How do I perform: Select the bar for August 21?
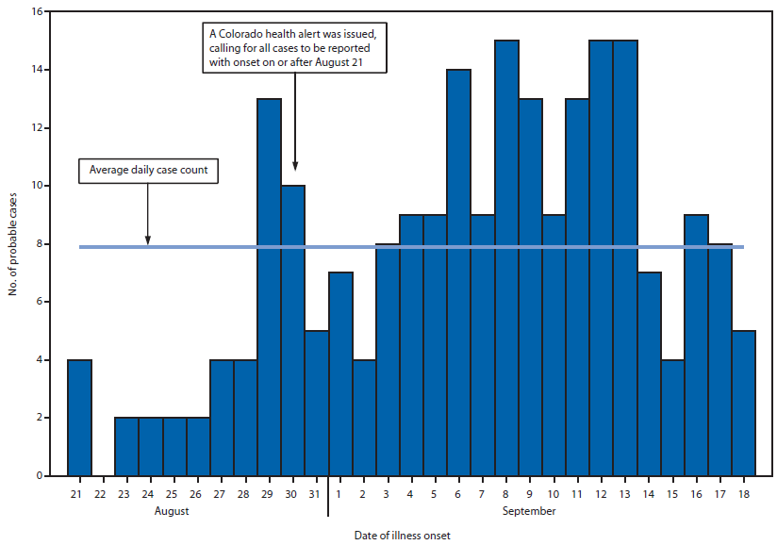tap(79, 417)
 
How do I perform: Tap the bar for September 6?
tap(459, 272)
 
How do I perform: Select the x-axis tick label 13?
tap(625, 493)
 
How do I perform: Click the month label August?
tap(172, 511)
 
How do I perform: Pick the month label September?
tap(529, 511)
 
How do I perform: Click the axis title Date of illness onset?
tap(403, 535)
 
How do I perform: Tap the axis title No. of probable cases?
tap(12, 243)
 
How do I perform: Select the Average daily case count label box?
tap(148, 171)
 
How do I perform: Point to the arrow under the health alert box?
tap(295, 123)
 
